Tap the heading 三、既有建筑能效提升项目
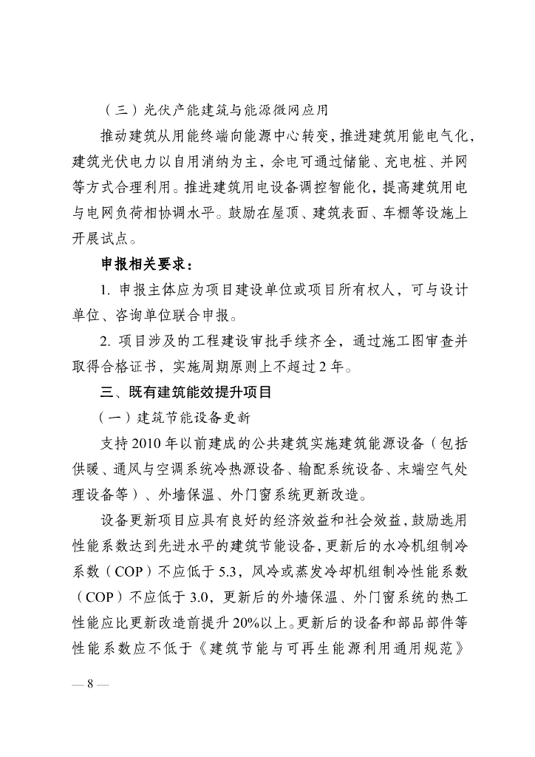click(188, 390)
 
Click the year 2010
click(151, 443)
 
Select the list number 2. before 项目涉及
click(106, 340)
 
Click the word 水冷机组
click(410, 546)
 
